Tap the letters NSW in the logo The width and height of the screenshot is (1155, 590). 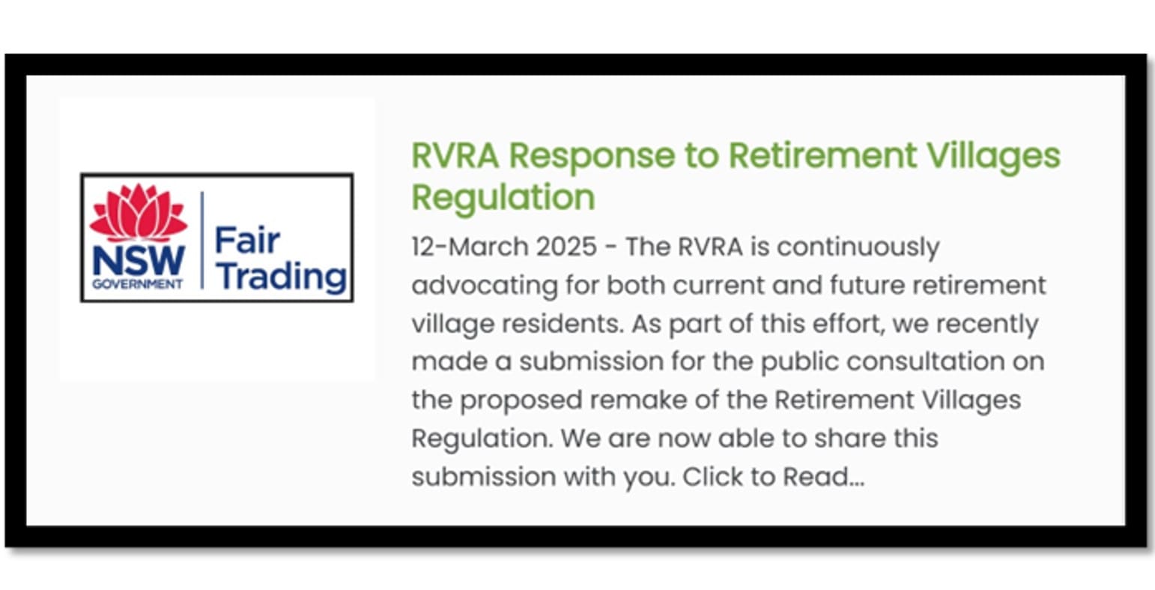point(138,261)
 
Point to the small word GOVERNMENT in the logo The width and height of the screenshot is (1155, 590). point(138,285)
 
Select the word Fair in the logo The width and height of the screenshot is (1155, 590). point(247,241)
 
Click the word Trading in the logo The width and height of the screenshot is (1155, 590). point(282,276)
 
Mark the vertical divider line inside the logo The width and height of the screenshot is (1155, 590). point(202,240)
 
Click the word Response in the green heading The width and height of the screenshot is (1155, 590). point(591,156)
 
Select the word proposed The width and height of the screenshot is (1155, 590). point(521,400)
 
